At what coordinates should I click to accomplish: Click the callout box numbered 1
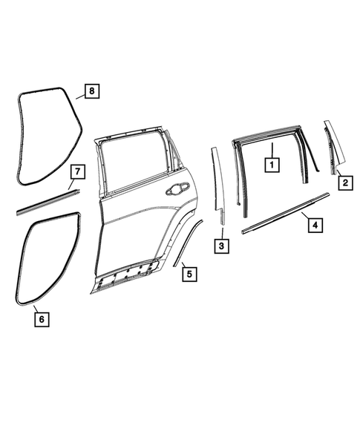272,162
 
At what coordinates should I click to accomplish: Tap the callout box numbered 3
221,244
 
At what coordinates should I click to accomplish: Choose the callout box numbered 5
189,274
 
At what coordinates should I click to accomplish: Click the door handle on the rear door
178,189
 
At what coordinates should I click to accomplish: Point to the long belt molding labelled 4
286,214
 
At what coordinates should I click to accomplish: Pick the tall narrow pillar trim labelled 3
218,185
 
